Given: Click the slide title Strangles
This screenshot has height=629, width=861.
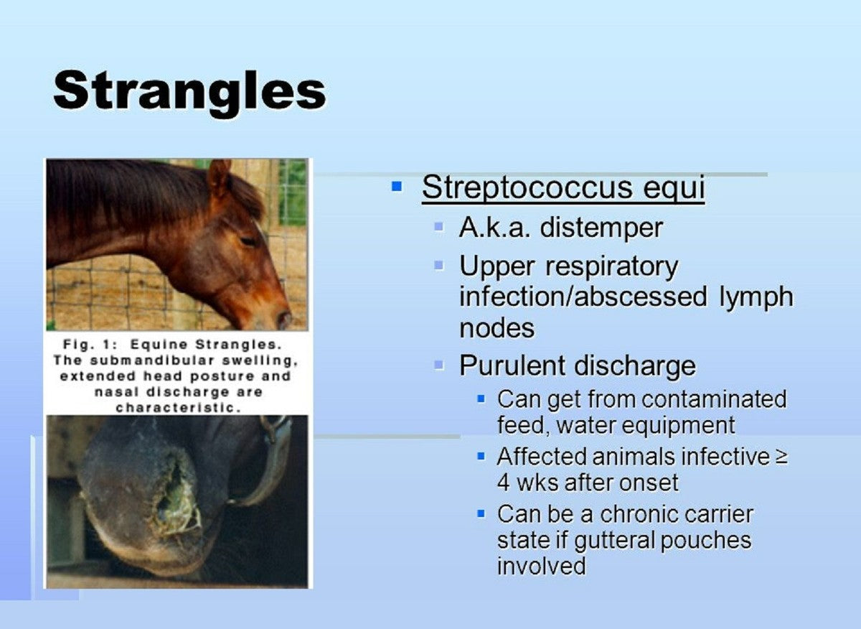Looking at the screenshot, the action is coord(189,93).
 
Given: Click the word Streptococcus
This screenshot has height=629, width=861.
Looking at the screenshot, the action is coord(527,187).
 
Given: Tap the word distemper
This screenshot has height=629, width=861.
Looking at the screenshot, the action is coord(601,228).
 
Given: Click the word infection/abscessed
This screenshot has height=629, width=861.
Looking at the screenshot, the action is coord(583,297).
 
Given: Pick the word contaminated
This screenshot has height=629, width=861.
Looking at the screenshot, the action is coord(714,399).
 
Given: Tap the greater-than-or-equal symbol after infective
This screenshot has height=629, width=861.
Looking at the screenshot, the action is coord(782,458).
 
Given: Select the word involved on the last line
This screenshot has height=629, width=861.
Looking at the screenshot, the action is coord(541,566).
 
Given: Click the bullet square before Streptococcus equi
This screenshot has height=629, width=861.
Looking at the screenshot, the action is coord(396,187).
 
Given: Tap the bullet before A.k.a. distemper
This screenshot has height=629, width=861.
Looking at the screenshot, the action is coord(438,227).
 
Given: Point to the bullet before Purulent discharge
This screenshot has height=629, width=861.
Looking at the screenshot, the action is coord(438,364).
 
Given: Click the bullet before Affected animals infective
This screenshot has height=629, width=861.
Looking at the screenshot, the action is coord(481,457).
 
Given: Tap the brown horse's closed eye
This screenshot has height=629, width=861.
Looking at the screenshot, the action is coord(248,241).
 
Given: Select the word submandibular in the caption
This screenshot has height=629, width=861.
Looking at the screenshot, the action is coord(152,360).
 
